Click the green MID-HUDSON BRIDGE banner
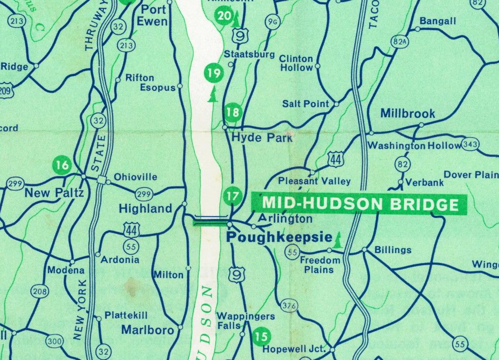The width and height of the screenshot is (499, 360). tap(360, 204)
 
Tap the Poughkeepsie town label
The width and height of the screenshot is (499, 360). tap(279, 237)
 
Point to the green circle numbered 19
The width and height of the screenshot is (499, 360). tap(213, 72)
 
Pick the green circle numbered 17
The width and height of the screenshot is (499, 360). tap(232, 196)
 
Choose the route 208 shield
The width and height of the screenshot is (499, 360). tap(40, 292)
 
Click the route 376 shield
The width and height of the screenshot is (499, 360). tap(290, 306)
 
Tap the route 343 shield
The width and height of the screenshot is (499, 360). tap(470, 145)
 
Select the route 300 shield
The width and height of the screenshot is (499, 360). tap(55, 342)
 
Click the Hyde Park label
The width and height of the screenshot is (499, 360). tap(262, 138)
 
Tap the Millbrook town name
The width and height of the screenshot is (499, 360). tap(407, 113)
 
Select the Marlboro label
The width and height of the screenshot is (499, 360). tap(147, 330)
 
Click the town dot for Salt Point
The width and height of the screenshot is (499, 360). tap(337, 104)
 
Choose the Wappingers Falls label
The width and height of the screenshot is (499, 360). tap(245, 321)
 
